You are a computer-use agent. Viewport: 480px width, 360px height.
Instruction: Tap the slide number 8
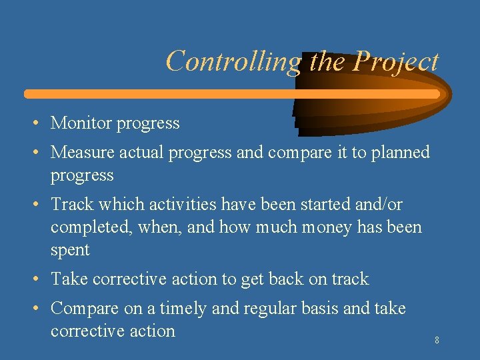coord(437,341)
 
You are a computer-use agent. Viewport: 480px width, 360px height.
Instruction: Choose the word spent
coord(70,250)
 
